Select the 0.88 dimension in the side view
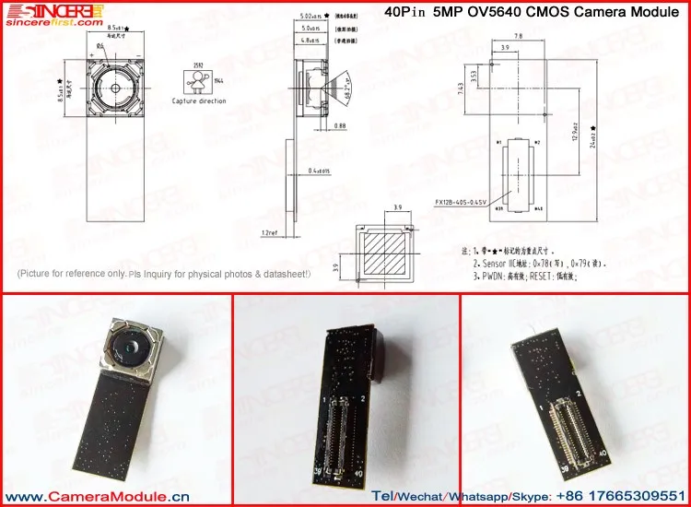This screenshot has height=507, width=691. [x=340, y=125]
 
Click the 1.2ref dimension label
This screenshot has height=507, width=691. [x=269, y=232]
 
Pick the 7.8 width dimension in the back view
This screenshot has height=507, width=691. [x=518, y=36]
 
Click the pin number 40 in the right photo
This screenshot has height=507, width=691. [x=602, y=454]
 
